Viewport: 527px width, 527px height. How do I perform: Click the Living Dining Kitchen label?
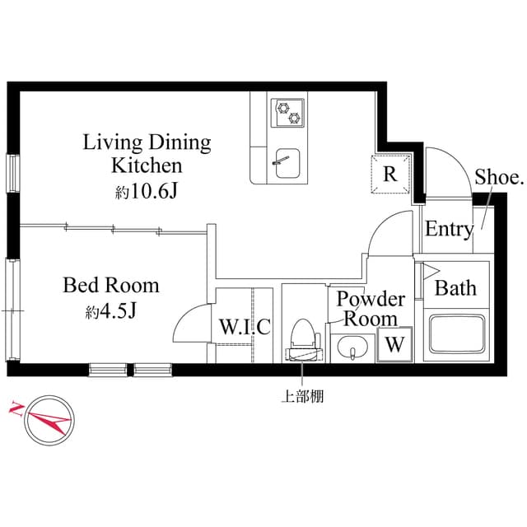click(x=147, y=153)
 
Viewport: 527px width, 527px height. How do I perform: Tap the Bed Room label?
click(x=111, y=286)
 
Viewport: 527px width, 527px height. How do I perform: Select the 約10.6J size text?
click(x=147, y=191)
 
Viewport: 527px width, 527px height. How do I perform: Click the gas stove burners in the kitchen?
click(x=289, y=110)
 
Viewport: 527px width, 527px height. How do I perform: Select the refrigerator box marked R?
click(x=390, y=174)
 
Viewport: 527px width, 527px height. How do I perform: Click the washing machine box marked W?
click(x=394, y=345)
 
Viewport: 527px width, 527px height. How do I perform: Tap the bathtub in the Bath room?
click(x=455, y=335)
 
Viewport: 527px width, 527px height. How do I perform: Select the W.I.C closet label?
click(x=245, y=327)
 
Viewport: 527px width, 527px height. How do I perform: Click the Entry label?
click(x=449, y=230)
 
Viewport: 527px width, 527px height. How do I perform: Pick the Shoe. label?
click(x=499, y=176)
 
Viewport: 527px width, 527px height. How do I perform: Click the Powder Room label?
click(x=371, y=308)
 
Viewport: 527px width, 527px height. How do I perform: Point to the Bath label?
click(x=455, y=288)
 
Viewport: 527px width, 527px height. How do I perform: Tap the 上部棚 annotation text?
click(x=302, y=397)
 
